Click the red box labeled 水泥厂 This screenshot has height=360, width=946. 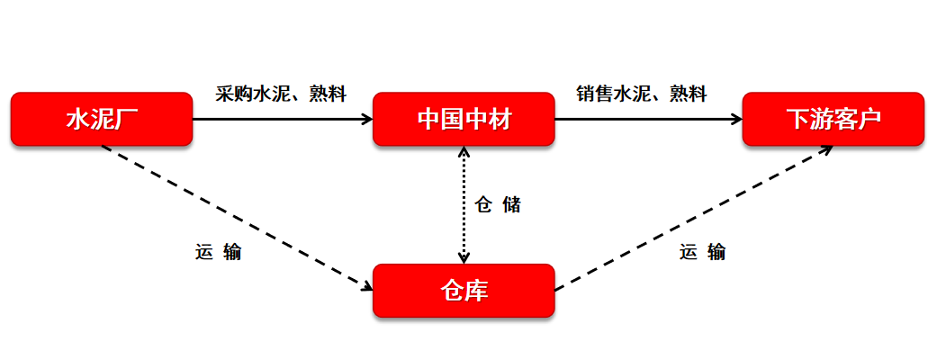point(101,118)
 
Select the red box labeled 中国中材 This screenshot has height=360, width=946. point(464,118)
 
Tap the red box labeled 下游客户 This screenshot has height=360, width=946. point(833,118)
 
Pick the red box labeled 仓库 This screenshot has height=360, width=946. point(464,290)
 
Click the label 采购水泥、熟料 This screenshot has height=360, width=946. point(281,94)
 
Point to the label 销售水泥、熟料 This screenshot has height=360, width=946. point(641,94)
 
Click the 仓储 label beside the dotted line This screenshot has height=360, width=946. point(497,205)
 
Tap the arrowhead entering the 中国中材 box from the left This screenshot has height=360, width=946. point(367,118)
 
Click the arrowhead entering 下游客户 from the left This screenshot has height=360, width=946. point(735,118)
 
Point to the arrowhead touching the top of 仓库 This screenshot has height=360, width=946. point(464,258)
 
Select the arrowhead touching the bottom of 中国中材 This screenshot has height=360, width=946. point(464,150)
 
